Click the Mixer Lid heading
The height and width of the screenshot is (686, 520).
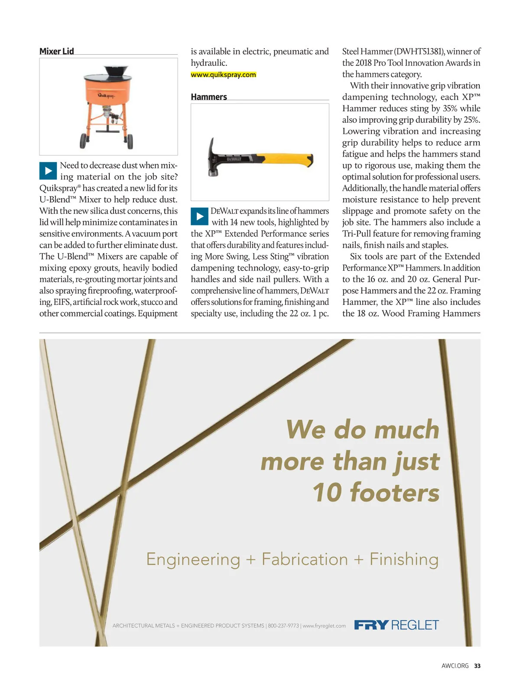coord(57,52)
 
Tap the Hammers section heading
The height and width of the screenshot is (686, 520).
coord(209,97)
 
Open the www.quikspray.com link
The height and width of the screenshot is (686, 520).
coord(223,75)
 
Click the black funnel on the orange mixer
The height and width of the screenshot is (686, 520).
coord(116,72)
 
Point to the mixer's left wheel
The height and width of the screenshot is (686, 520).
coord(83,140)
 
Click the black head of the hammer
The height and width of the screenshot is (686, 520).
coord(212,156)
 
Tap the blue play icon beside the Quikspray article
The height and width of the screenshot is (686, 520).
coord(48,171)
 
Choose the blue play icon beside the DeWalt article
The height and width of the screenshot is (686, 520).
coord(199,216)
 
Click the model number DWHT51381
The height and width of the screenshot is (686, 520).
coord(419,52)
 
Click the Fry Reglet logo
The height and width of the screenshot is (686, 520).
coord(396,625)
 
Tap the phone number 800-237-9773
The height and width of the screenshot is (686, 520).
coord(283,626)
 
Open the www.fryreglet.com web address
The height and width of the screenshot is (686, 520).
coord(324,626)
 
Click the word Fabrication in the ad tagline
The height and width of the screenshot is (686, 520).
coord(305,559)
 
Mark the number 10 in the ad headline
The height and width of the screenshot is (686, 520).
coord(328,493)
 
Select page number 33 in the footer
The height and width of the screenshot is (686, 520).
coord(477,666)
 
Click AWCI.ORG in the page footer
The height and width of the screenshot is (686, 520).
coord(455,666)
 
